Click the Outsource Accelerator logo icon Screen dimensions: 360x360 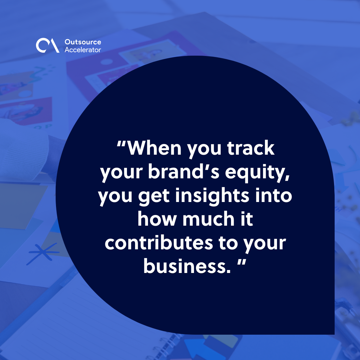(48, 46)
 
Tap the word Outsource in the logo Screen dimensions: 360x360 (83, 42)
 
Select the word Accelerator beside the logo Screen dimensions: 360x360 (82, 50)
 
